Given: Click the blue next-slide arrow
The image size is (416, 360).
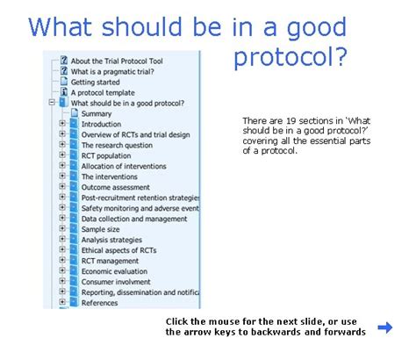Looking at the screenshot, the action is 385,328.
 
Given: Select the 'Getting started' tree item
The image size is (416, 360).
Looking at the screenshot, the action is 95,83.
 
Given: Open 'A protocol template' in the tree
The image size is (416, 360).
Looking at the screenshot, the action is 103,93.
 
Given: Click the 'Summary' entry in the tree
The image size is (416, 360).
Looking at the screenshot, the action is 97,114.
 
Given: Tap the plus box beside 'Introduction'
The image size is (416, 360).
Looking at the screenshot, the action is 62,124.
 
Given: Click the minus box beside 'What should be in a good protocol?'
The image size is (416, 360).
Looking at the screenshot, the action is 52,103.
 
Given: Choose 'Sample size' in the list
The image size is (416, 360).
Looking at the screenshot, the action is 100,229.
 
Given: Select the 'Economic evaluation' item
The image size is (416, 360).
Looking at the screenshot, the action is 114,271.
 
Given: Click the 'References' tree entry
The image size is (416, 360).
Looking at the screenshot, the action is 99,303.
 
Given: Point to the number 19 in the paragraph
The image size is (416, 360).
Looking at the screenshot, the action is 290,120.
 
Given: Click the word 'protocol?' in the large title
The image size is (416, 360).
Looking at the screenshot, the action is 290,57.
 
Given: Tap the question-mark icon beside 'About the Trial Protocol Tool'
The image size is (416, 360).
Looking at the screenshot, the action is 64,61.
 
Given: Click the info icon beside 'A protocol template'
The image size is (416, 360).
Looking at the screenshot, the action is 64,92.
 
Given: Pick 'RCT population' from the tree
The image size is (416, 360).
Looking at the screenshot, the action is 106,155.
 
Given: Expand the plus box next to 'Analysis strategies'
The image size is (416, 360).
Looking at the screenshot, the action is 62,239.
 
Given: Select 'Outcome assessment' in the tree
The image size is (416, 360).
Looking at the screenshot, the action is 116,187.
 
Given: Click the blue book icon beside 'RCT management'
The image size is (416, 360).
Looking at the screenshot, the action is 74,260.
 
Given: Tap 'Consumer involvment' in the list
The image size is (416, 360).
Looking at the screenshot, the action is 116,282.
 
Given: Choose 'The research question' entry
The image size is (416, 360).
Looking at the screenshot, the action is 117,145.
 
